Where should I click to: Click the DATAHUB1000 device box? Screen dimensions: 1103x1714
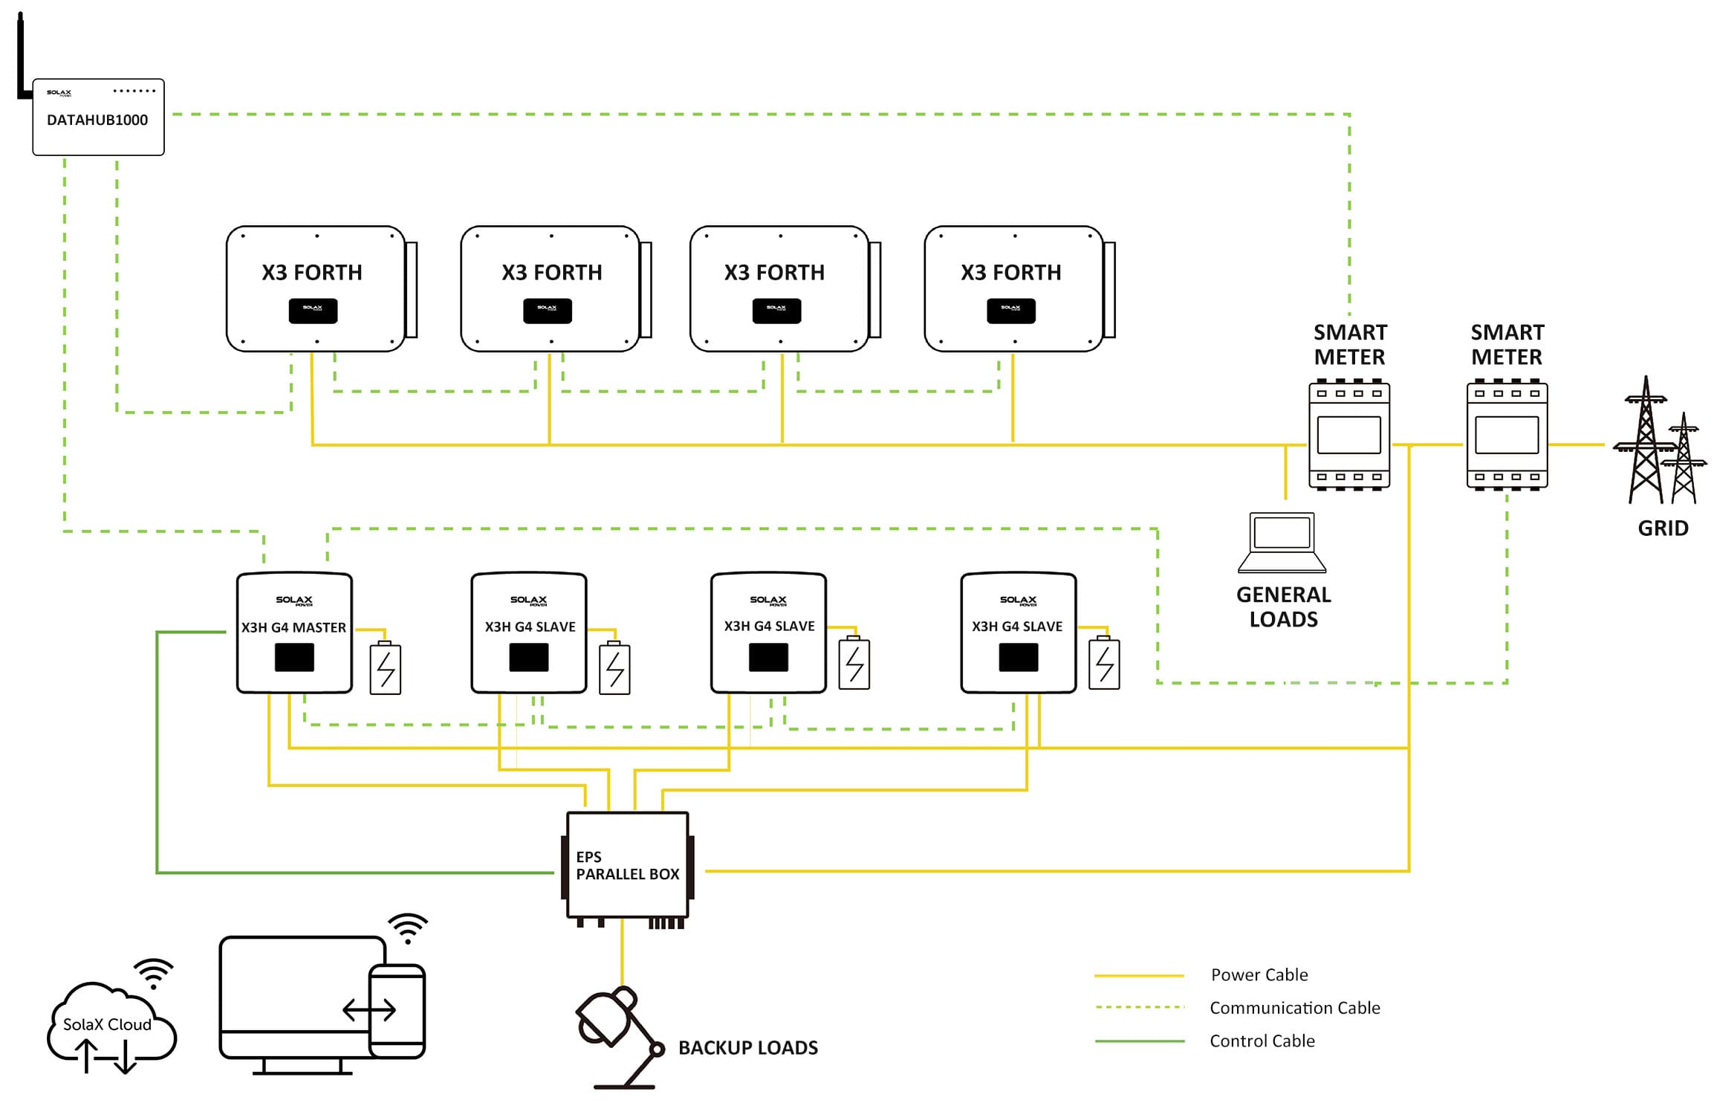coord(98,117)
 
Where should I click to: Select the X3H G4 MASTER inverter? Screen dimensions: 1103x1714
coord(294,633)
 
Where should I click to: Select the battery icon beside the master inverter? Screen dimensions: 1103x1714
coord(386,668)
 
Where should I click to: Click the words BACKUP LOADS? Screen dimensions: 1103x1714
coord(747,1048)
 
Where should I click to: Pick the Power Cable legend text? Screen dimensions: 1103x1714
coord(1259,974)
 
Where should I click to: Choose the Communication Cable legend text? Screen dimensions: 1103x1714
coord(1294,1008)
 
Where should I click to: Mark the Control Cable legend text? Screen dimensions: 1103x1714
coord(1262,1041)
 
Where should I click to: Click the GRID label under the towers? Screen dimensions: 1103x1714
coord(1663,528)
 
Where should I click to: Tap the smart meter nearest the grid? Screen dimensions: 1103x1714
coord(1507,436)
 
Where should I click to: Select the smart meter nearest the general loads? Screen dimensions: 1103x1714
coord(1348,436)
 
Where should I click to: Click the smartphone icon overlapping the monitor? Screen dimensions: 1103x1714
coord(397,1010)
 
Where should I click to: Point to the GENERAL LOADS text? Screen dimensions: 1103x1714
coord(1283,607)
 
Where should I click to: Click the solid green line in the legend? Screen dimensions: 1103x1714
coord(1139,1041)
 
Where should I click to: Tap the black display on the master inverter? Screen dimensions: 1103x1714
coord(294,658)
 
